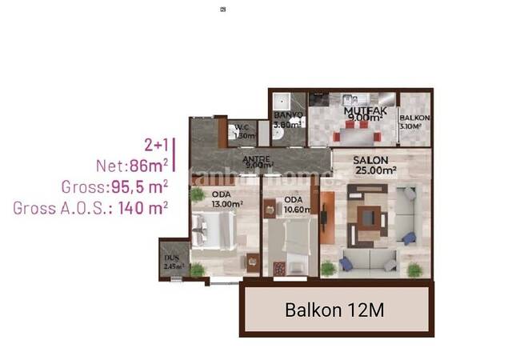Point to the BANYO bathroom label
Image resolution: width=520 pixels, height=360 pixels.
288,115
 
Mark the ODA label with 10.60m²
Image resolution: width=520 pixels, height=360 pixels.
294,199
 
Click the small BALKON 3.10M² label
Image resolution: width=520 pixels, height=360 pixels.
416,118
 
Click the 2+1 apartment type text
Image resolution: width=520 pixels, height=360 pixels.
156,145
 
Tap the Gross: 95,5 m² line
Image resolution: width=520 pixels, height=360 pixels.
114,187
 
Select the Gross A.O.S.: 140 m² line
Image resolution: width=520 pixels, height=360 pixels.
90,207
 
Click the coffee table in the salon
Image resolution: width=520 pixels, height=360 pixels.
370,217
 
